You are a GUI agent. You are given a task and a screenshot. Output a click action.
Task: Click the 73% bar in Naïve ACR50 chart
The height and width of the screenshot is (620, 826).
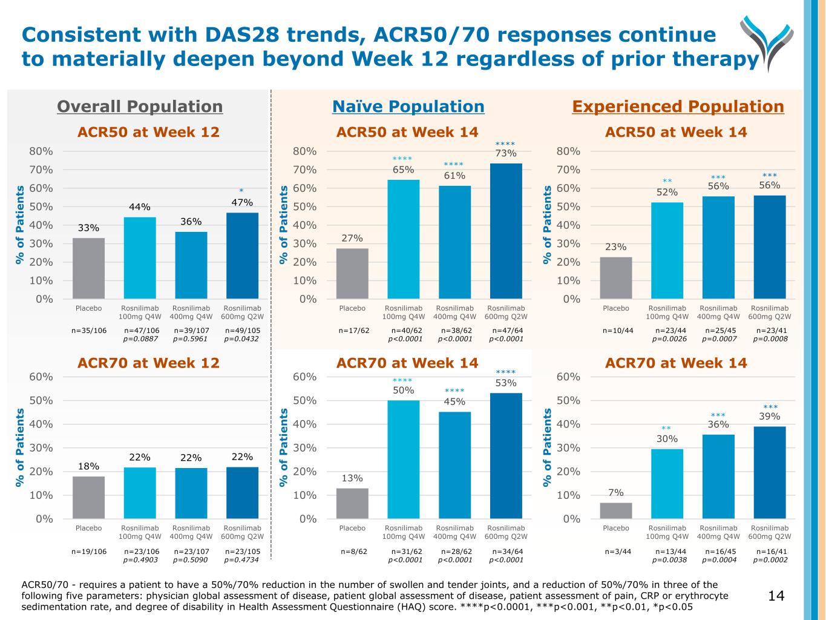click(x=506, y=231)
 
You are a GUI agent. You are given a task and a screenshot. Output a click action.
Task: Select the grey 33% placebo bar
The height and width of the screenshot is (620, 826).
click(x=88, y=268)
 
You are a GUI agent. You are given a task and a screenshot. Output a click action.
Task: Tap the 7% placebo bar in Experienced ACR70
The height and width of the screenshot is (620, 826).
click(x=616, y=510)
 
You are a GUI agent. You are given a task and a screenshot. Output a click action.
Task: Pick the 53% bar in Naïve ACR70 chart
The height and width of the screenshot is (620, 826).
click(x=506, y=456)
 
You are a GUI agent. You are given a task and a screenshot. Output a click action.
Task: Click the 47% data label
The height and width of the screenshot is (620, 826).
click(x=242, y=202)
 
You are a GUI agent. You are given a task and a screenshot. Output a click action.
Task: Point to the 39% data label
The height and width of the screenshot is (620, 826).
click(x=770, y=417)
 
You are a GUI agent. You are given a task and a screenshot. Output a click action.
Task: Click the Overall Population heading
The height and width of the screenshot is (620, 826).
click(x=140, y=107)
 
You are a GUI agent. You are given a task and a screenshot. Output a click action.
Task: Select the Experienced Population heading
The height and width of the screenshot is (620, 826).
click(x=678, y=107)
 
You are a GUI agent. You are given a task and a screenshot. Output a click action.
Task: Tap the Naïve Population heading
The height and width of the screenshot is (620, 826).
click(x=408, y=107)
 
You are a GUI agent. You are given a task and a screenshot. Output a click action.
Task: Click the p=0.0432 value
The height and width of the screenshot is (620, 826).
click(x=241, y=339)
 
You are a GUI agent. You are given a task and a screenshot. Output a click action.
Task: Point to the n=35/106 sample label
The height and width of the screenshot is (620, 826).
click(x=89, y=331)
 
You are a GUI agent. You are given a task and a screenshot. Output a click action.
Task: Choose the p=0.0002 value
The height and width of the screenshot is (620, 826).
click(x=770, y=560)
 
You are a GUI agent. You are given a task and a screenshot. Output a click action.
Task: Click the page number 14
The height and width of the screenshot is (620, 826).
click(x=776, y=596)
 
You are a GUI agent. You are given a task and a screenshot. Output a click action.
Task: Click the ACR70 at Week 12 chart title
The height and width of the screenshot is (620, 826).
click(x=148, y=363)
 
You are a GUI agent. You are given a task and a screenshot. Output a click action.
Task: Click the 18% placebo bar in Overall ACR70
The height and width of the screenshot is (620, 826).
click(x=88, y=498)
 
